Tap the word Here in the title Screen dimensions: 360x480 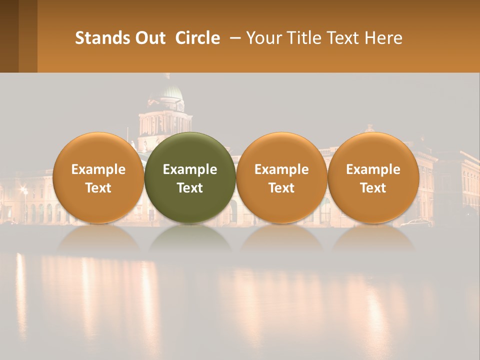pyautogui.click(x=383, y=38)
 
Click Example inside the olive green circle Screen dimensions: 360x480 pyautogui.click(x=190, y=169)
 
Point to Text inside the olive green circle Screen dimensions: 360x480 pyautogui.click(x=190, y=188)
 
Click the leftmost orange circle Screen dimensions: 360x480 pyautogui.click(x=98, y=150)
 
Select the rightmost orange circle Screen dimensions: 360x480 pyautogui.click(x=373, y=150)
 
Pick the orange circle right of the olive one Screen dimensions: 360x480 pyautogui.click(x=281, y=150)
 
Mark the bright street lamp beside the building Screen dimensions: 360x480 pyautogui.click(x=23, y=190)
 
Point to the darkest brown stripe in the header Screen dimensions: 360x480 pyautogui.click(x=9, y=36)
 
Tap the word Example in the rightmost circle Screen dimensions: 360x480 pyautogui.click(x=373, y=169)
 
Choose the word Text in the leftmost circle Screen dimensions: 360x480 pyautogui.click(x=98, y=188)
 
